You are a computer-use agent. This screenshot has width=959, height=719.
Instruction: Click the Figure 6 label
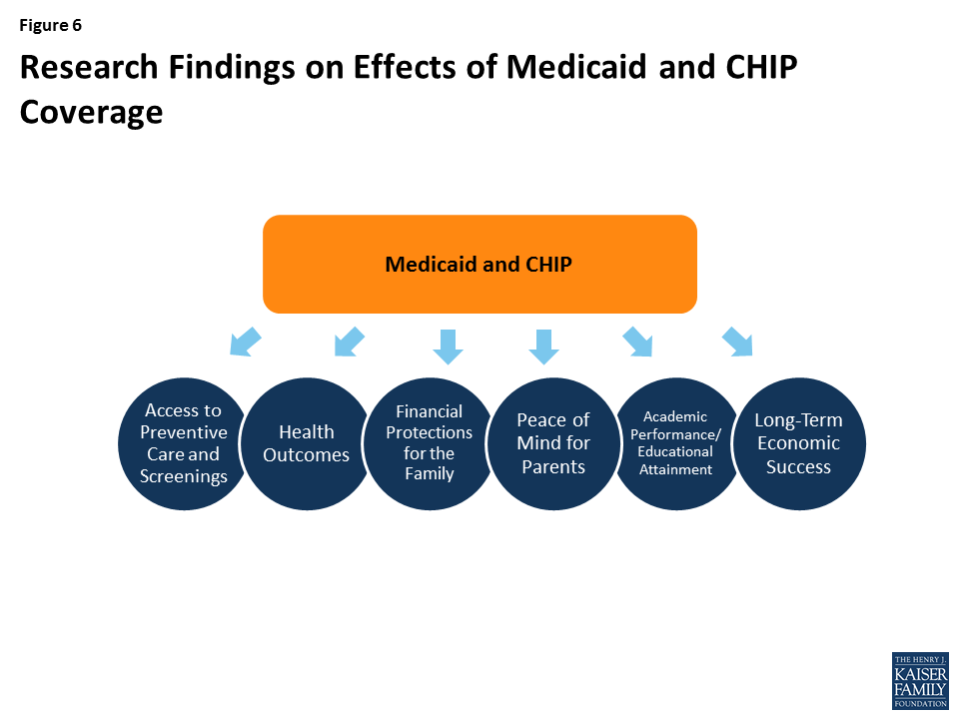pos(50,26)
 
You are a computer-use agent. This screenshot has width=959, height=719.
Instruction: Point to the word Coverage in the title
pos(91,111)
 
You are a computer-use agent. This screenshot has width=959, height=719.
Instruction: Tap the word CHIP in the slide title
pos(753,67)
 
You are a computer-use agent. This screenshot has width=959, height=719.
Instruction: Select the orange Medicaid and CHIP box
pos(479,265)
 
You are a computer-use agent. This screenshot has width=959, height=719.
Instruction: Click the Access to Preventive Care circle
pos(184,443)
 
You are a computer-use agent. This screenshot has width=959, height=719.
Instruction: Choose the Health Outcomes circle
pos(306,443)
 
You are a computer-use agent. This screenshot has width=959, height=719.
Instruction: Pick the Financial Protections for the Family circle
pos(430,443)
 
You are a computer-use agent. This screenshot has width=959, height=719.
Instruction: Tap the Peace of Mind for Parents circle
pos(553,443)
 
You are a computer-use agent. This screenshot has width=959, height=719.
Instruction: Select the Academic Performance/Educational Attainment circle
pos(676,443)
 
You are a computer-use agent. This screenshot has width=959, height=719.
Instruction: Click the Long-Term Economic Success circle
pos(798,443)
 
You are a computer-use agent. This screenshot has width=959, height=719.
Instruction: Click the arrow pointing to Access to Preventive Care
pos(245,342)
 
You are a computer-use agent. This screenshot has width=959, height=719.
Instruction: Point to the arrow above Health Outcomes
pos(349,342)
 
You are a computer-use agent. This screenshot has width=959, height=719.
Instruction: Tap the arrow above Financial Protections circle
pos(448,345)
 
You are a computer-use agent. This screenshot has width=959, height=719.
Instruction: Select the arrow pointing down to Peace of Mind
pos(543,345)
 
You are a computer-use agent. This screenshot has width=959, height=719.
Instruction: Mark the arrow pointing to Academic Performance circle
pos(637,342)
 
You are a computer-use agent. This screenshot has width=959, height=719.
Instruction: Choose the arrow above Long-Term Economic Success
pos(737,342)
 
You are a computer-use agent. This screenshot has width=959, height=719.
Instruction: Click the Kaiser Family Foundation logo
pos(919,681)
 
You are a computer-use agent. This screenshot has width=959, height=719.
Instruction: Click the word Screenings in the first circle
pos(184,476)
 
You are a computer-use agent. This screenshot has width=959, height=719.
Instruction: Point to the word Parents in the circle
pos(553,466)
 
